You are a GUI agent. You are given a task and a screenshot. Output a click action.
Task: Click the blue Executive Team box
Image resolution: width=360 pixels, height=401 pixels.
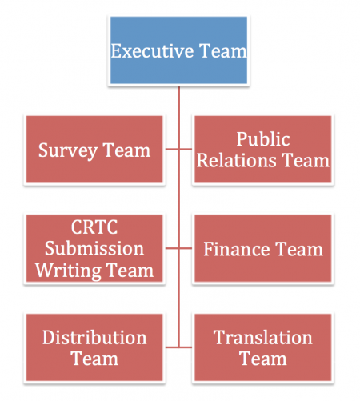[x=178, y=50]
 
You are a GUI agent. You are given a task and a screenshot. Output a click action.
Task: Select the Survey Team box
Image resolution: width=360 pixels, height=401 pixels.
[x=94, y=150]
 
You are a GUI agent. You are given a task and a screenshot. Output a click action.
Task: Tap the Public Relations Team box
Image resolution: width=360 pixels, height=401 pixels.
[x=263, y=150]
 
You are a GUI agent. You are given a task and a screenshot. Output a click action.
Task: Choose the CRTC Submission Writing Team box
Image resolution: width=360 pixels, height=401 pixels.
[x=94, y=248]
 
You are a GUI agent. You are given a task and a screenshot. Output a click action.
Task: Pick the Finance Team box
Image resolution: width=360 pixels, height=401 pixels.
[x=263, y=248]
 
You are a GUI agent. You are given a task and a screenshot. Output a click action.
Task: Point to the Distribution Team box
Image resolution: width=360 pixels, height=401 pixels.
[x=94, y=347]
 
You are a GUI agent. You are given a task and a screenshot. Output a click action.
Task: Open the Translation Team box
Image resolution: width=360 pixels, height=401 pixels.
[x=263, y=347]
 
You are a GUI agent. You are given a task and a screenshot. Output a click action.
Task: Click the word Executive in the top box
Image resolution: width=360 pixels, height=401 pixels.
[x=152, y=50]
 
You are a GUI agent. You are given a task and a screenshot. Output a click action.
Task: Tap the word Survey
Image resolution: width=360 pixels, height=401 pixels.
[x=68, y=151]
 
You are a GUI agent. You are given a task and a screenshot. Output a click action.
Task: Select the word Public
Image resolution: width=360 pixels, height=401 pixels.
[x=263, y=139]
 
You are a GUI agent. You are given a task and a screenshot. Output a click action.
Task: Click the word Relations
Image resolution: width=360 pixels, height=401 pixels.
[x=237, y=160]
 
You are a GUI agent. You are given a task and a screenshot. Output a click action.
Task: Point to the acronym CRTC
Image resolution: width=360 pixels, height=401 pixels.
[x=94, y=227]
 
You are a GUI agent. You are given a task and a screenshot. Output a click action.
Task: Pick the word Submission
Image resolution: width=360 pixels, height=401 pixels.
[x=94, y=248]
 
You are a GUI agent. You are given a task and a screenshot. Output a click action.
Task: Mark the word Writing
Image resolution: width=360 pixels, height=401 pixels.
[x=68, y=271]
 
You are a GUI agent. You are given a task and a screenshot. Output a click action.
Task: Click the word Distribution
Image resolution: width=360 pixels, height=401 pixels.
[x=94, y=337]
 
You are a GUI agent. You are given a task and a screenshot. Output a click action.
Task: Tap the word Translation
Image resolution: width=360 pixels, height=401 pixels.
[x=263, y=337]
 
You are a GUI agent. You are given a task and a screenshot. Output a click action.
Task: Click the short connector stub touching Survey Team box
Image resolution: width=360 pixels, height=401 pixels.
[x=172, y=149]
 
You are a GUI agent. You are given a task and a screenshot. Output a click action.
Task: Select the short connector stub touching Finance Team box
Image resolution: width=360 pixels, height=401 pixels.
[x=186, y=248]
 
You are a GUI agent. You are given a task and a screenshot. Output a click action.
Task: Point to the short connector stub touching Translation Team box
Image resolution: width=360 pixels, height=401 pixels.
[x=186, y=347]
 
